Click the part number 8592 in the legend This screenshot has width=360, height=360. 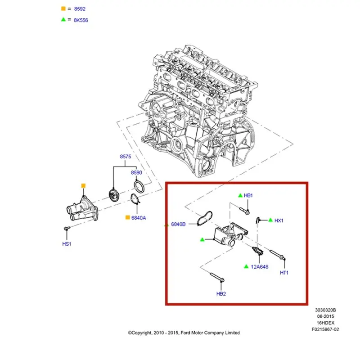(80, 9)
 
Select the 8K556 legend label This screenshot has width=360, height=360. (81, 20)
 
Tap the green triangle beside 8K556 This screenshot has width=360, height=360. (63, 19)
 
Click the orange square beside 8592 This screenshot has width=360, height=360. (63, 9)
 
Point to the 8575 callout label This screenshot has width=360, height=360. (126, 157)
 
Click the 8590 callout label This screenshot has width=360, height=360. (136, 173)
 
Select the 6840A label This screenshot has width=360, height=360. (139, 218)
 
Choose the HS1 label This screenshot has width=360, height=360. (67, 244)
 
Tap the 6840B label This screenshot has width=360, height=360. (178, 224)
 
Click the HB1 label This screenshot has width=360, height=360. (248, 195)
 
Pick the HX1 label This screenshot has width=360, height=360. (279, 220)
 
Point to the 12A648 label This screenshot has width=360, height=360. (260, 267)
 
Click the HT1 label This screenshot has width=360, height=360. (284, 273)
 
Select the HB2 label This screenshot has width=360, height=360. (221, 294)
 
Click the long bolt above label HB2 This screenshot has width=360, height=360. (217, 277)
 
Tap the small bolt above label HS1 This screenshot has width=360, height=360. (67, 228)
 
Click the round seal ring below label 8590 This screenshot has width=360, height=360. (139, 187)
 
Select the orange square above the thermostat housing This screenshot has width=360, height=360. (83, 186)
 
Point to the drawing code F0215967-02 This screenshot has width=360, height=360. (325, 329)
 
